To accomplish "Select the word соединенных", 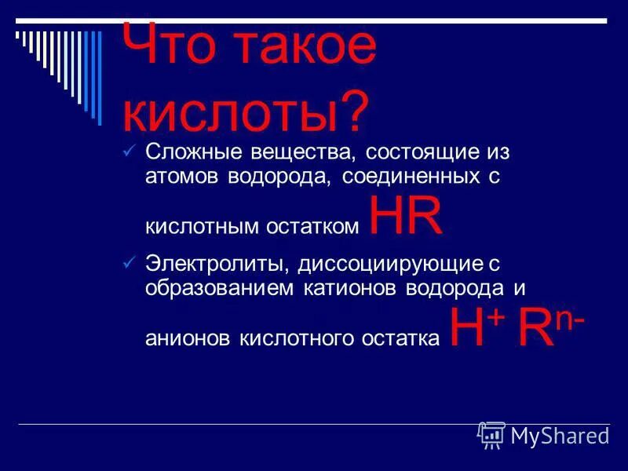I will [407, 175].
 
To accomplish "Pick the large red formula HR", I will [405, 217].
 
